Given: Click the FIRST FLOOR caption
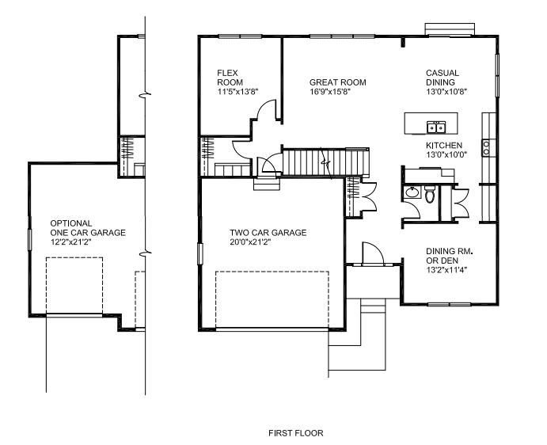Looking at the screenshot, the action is tap(296, 433).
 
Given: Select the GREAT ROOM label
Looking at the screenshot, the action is tap(338, 82).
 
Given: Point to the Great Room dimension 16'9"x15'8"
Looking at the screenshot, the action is tap(330, 92).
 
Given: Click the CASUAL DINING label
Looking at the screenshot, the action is tap(443, 78).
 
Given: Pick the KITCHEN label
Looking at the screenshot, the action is tap(444, 145).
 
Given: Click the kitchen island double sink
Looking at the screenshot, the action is tap(436, 127).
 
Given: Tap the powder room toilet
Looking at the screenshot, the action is tap(430, 194).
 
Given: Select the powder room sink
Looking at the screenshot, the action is tap(412, 192).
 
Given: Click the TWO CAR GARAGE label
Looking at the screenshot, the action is tap(268, 233).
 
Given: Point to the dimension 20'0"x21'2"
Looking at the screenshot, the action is tap(250, 242).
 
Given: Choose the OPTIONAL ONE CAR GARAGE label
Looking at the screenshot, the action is tap(88, 228).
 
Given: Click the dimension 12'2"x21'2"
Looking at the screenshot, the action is tap(70, 242).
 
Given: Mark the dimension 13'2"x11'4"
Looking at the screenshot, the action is tap(446, 270).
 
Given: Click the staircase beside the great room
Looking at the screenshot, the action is tap(325, 162).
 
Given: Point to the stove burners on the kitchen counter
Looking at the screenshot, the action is tap(485, 147).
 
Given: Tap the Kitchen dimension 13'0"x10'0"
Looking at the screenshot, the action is tap(446, 154).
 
